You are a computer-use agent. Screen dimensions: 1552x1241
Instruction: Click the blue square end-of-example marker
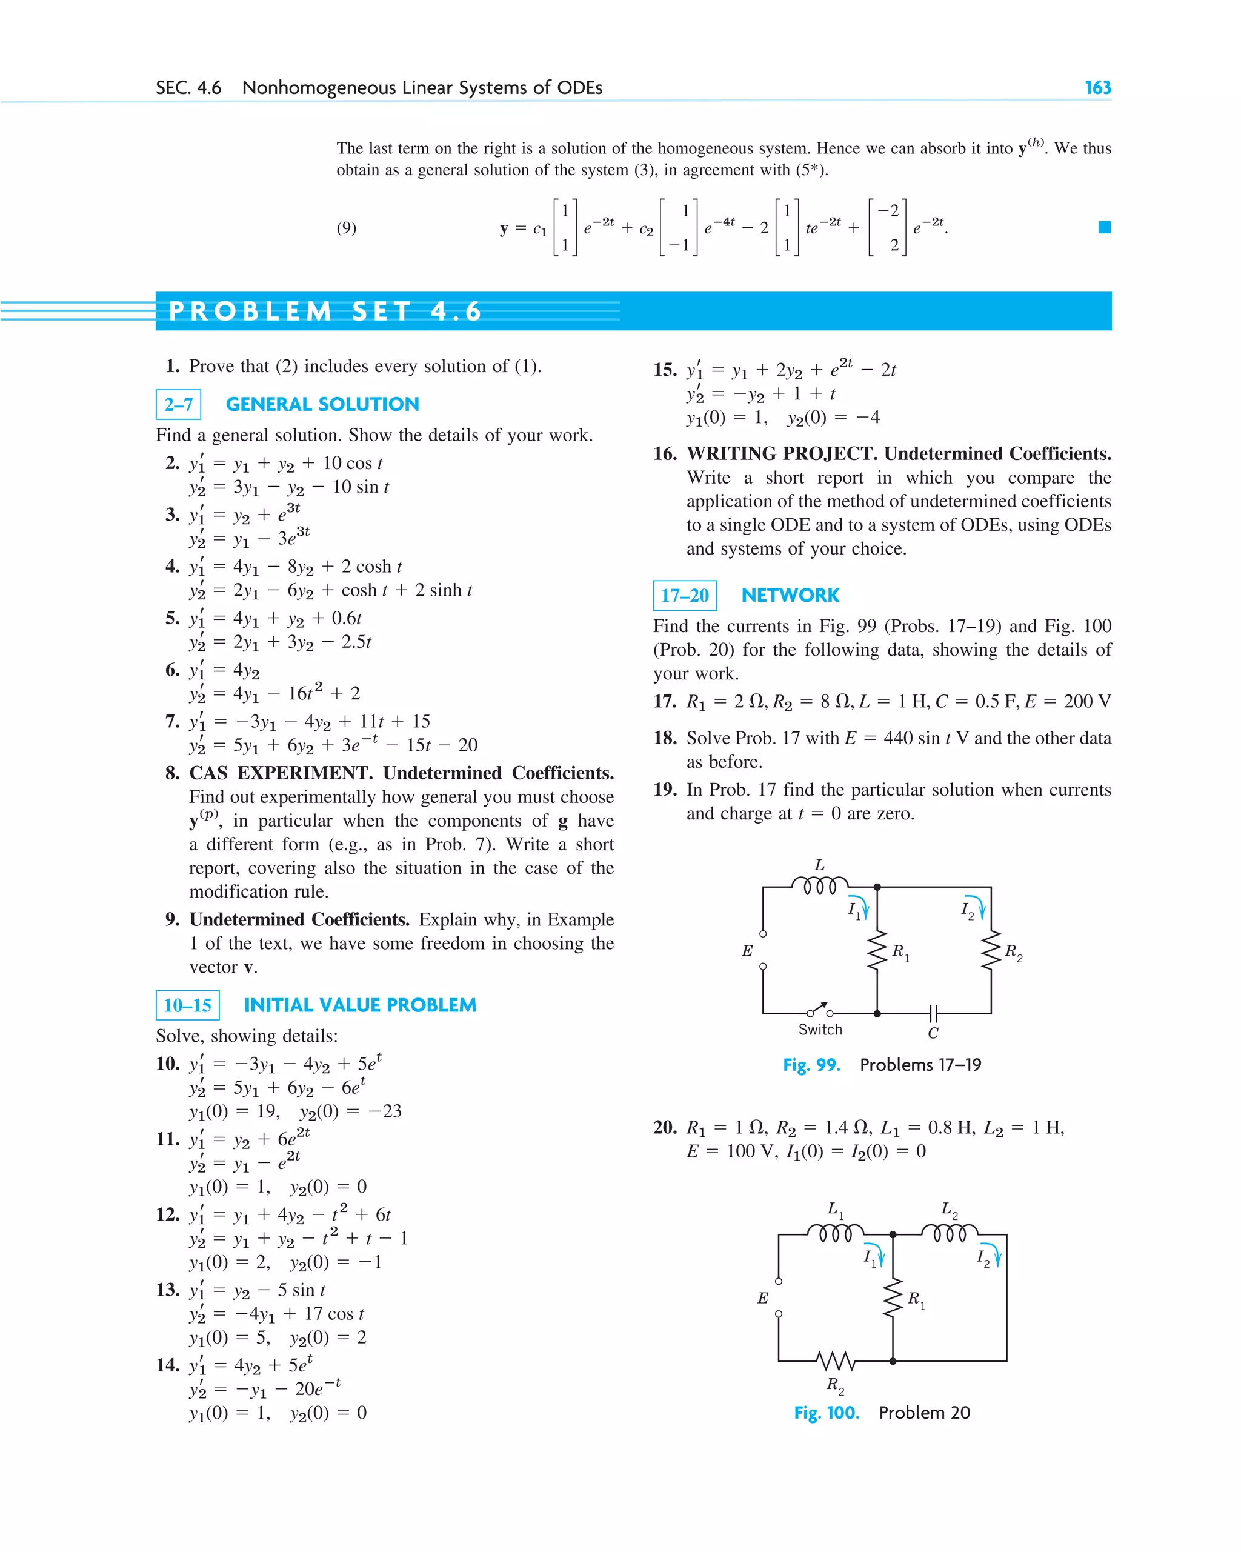[1104, 227]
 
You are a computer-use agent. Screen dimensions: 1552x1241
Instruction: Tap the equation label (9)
[346, 228]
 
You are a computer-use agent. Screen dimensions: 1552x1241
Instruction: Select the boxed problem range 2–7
[178, 405]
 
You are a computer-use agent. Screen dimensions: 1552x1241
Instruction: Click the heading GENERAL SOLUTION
[322, 405]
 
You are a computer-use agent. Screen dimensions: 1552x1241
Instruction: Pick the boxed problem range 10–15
[187, 1005]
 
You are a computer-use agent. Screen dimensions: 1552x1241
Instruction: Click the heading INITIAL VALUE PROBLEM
[360, 1005]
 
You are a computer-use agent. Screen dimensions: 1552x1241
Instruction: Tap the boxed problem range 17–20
[685, 595]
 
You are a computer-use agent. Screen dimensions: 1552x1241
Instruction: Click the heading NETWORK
[790, 595]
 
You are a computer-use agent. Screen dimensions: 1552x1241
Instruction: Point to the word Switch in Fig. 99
[820, 1030]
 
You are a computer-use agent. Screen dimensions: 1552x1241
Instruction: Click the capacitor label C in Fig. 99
[933, 1033]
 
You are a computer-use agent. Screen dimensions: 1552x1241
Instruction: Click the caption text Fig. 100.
[827, 1413]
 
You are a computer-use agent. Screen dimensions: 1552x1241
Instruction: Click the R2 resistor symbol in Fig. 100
[836, 1360]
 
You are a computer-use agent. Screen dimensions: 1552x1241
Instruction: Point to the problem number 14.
[167, 1365]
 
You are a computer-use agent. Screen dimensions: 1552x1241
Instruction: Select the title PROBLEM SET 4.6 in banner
[325, 311]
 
